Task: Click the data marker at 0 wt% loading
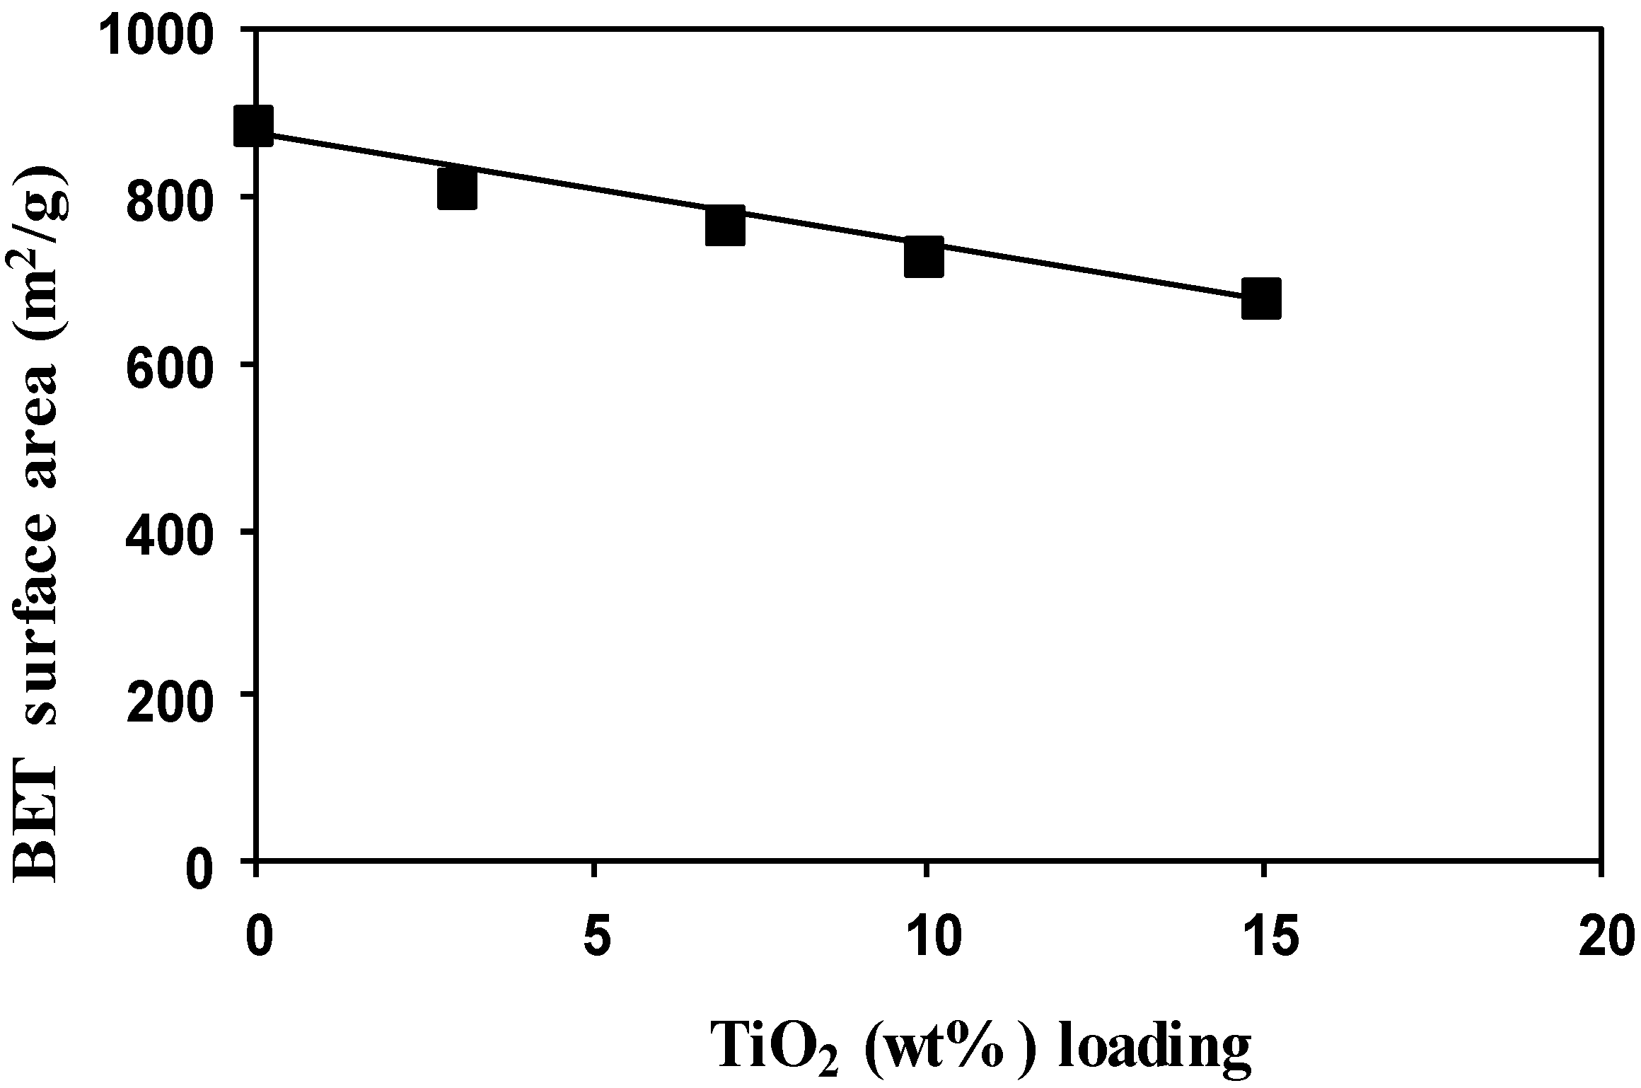(254, 126)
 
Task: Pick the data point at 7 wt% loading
(725, 226)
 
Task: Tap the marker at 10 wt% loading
(924, 257)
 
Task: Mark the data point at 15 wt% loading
(1261, 299)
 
